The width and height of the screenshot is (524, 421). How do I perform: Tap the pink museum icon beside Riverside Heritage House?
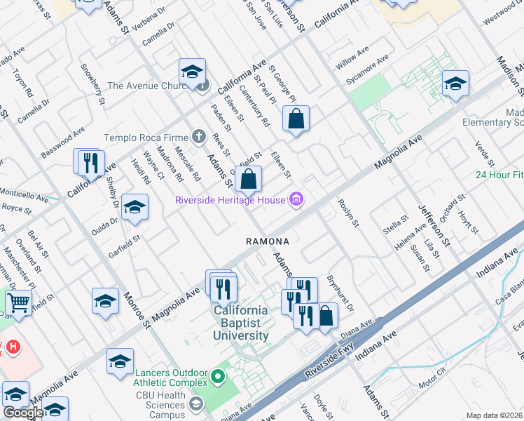tap(296, 201)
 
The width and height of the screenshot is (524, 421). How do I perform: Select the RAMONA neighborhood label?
tap(268, 241)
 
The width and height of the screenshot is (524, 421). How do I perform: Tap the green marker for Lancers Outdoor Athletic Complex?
tap(217, 377)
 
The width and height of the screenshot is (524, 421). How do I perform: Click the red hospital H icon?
tap(12, 346)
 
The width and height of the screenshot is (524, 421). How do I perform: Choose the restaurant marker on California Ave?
tap(90, 163)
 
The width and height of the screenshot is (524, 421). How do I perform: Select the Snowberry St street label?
tap(93, 84)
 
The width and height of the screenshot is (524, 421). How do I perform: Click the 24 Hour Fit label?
tap(499, 175)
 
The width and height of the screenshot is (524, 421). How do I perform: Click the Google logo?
tap(23, 413)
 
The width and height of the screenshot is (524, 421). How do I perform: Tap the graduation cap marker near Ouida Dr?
tap(135, 207)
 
